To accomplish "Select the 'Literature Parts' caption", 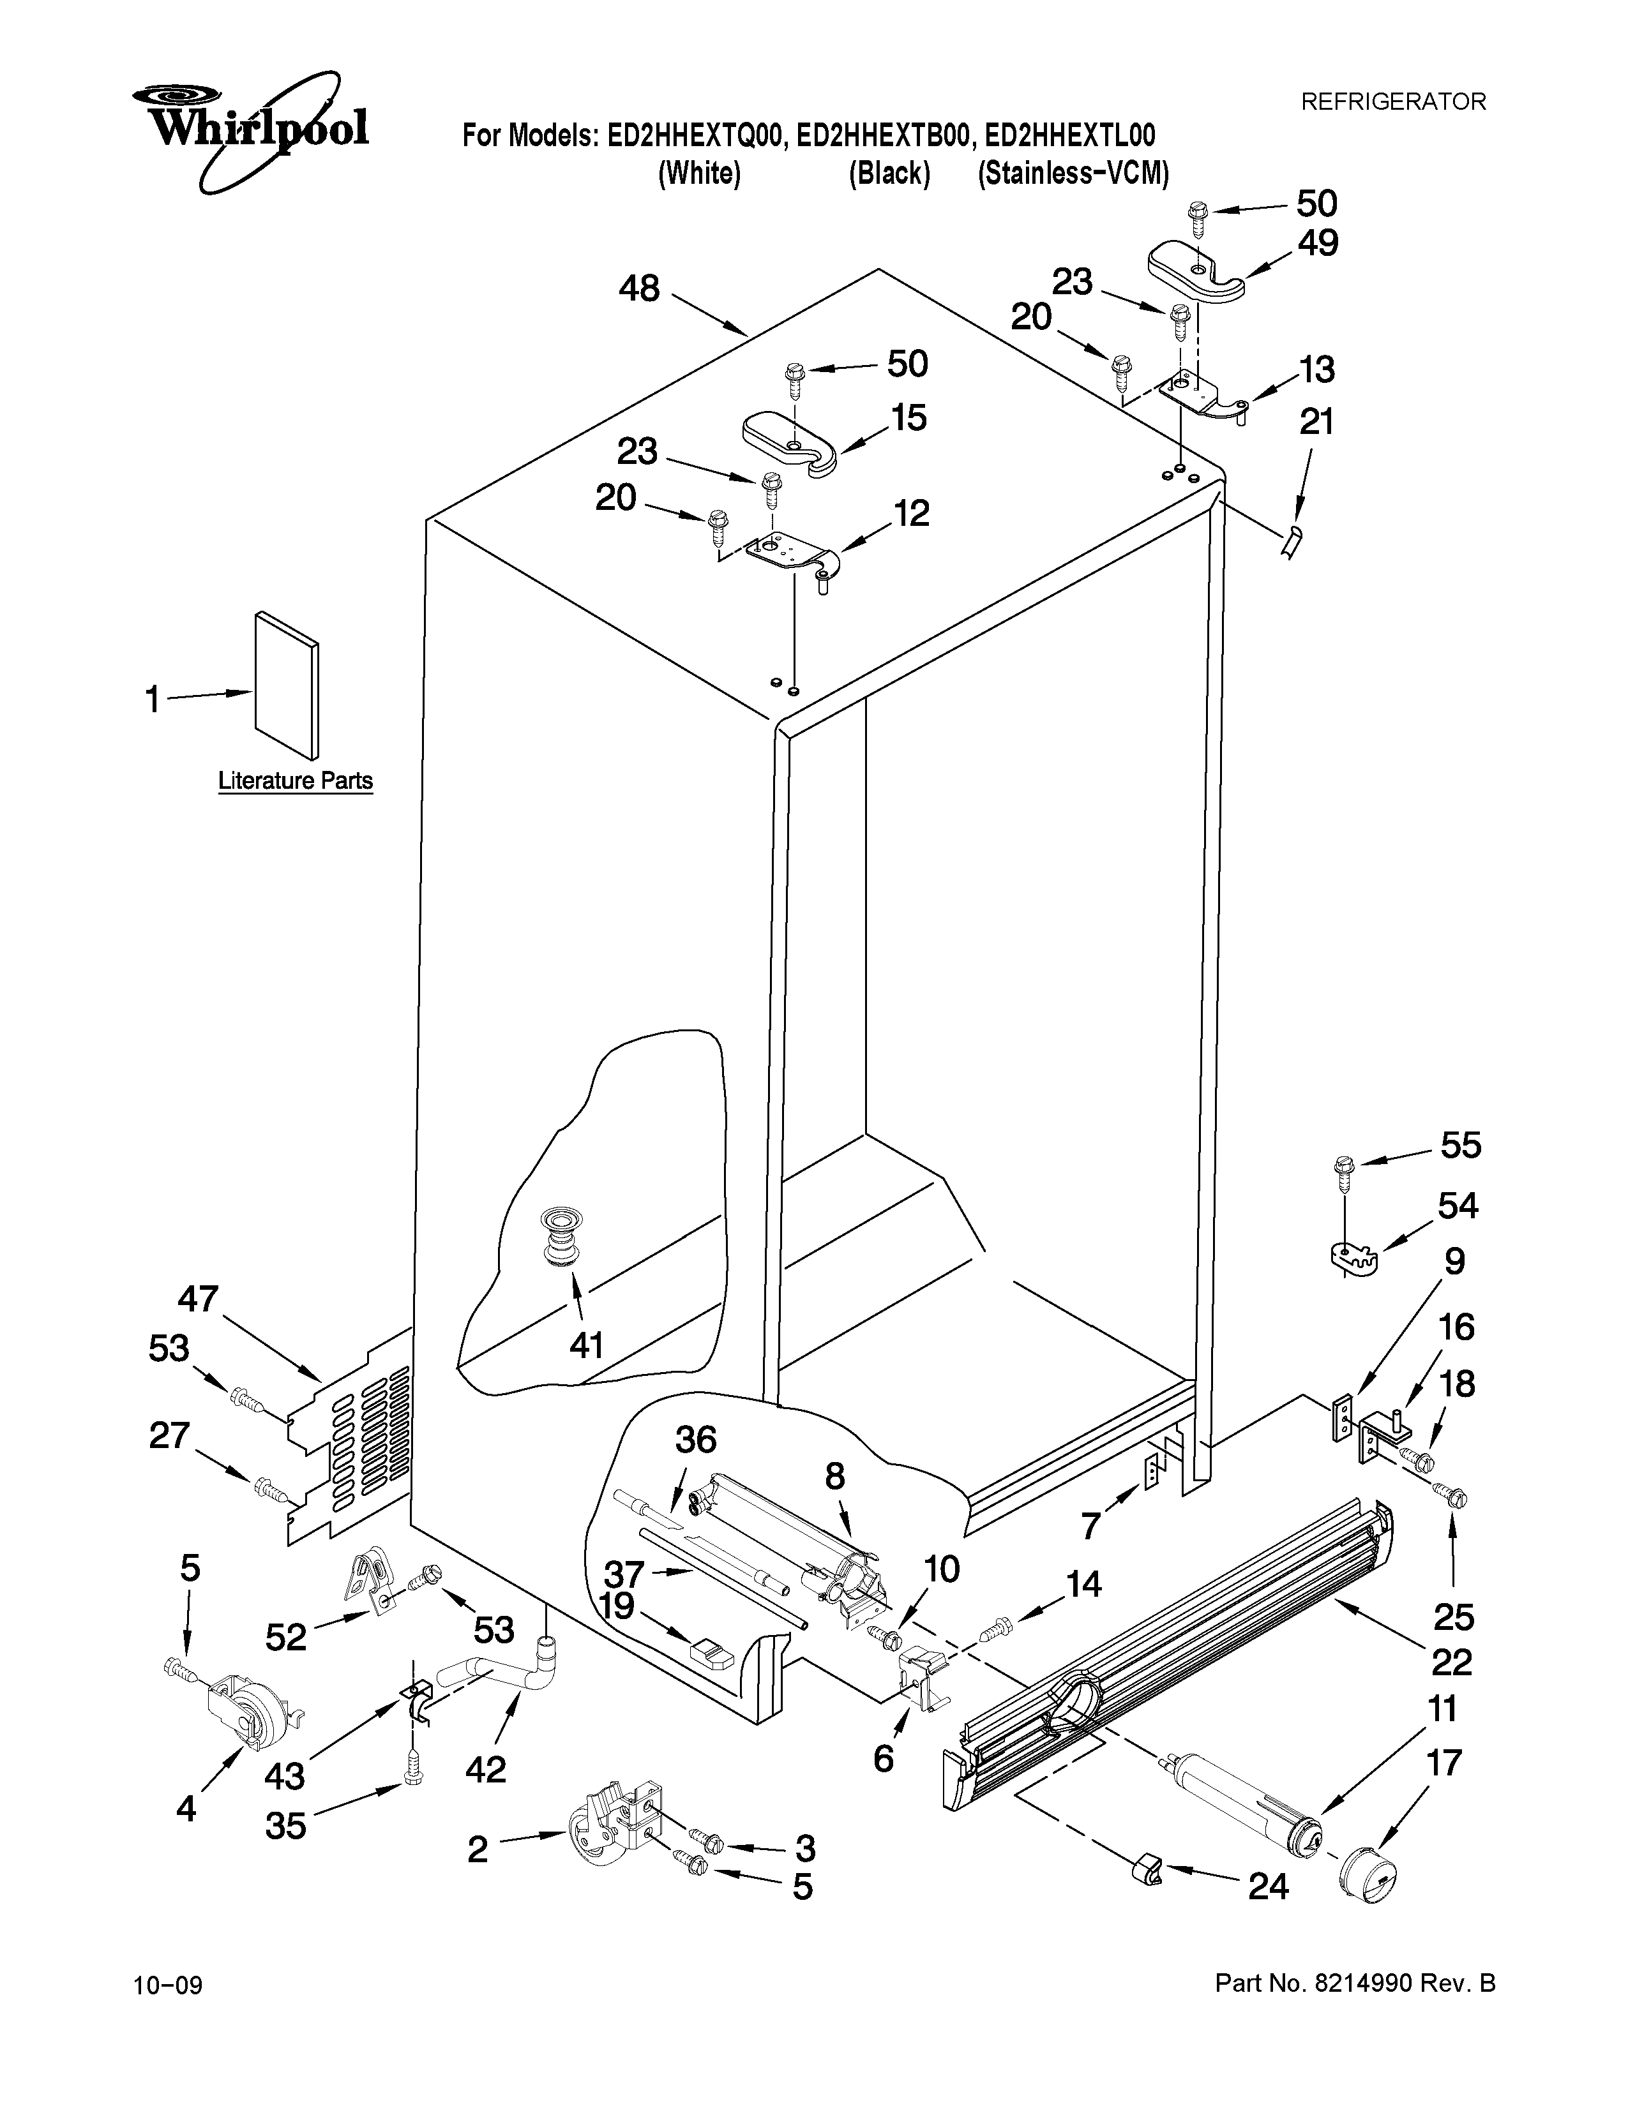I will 295,780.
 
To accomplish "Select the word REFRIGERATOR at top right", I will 1394,101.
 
